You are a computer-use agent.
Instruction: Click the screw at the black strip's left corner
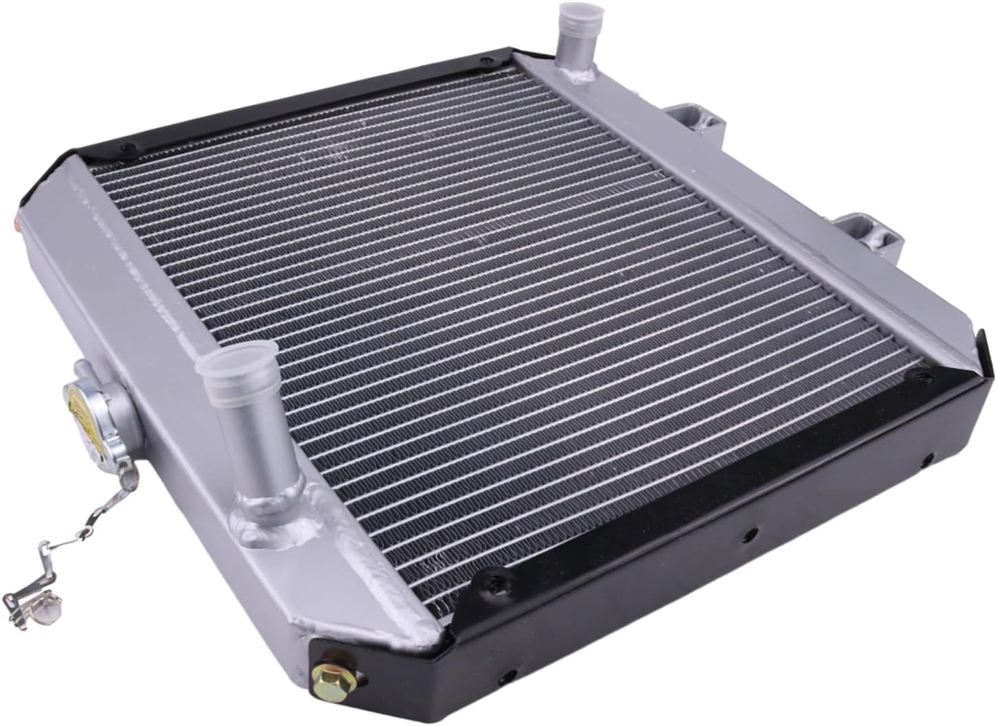[124, 150]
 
